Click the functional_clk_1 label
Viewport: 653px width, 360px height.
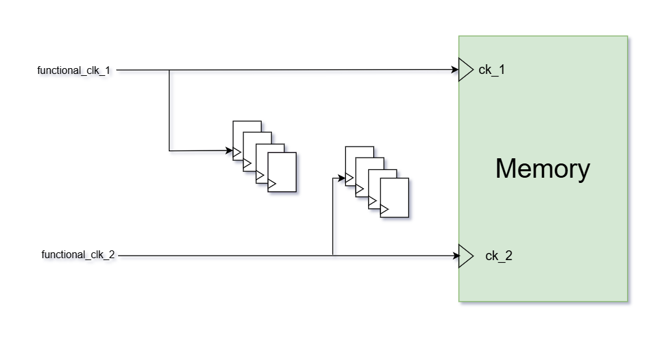(74, 70)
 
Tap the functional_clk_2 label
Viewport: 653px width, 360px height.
(78, 255)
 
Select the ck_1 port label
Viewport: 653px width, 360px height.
(491, 70)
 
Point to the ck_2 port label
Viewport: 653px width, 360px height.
(499, 256)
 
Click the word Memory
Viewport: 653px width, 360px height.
(543, 169)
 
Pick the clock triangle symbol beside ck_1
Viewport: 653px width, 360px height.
(465, 69)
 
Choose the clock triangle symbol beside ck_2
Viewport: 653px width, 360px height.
(465, 256)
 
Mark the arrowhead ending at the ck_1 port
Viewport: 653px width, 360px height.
(455, 69)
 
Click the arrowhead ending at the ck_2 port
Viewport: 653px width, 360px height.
(456, 256)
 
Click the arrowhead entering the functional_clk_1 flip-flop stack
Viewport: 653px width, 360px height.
(229, 150)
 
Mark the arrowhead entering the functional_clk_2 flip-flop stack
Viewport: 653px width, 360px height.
(341, 177)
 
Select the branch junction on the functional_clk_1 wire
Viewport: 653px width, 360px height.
(169, 70)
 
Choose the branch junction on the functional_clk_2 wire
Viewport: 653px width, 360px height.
(333, 256)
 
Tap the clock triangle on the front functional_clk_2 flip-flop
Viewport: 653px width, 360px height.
(384, 210)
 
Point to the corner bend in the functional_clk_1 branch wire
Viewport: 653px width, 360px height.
(169, 151)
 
